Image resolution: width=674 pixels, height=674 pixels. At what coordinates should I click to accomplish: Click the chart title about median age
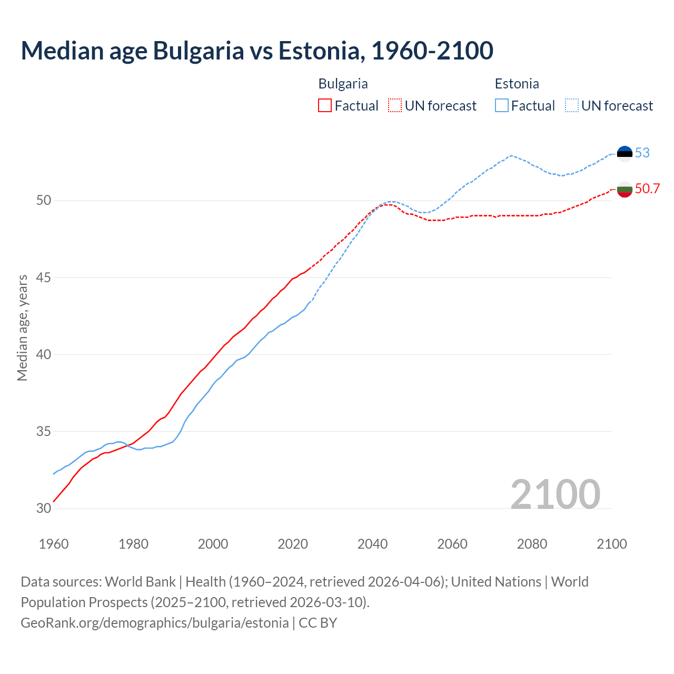point(257,51)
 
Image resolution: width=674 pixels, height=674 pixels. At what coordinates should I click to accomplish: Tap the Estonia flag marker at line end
point(625,153)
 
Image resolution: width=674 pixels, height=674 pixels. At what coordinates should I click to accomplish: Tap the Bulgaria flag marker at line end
point(625,189)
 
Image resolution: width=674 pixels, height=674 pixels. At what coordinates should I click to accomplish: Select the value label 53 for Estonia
point(642,153)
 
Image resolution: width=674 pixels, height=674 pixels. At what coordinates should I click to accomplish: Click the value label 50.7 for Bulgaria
point(647,189)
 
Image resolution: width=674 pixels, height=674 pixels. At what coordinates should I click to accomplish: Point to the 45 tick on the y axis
point(44,277)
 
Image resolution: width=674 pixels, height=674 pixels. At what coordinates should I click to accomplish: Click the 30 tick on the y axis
point(44,508)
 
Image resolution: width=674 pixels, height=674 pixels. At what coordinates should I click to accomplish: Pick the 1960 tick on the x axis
point(54,544)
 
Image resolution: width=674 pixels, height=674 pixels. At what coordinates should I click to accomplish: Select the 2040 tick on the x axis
point(372,544)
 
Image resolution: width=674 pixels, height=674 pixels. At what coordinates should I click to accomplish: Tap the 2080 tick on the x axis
point(532,544)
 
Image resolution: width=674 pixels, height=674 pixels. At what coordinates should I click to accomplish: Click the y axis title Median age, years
point(22,328)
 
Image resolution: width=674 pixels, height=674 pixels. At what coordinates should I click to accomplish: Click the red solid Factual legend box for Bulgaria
point(325,106)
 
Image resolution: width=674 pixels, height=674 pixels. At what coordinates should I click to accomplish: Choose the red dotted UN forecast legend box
point(395,106)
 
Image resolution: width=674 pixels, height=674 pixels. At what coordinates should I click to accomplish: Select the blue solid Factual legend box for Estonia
point(502,106)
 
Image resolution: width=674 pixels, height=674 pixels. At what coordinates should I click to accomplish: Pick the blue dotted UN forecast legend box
point(572,106)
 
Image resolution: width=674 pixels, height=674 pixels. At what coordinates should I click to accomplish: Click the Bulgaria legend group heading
point(343,84)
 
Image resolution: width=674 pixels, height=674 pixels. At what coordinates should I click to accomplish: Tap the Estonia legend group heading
point(517,84)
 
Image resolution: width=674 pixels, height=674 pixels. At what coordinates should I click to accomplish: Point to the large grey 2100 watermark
point(555,494)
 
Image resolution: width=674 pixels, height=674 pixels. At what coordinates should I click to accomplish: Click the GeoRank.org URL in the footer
point(154,622)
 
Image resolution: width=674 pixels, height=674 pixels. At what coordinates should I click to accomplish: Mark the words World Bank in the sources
point(140,582)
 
